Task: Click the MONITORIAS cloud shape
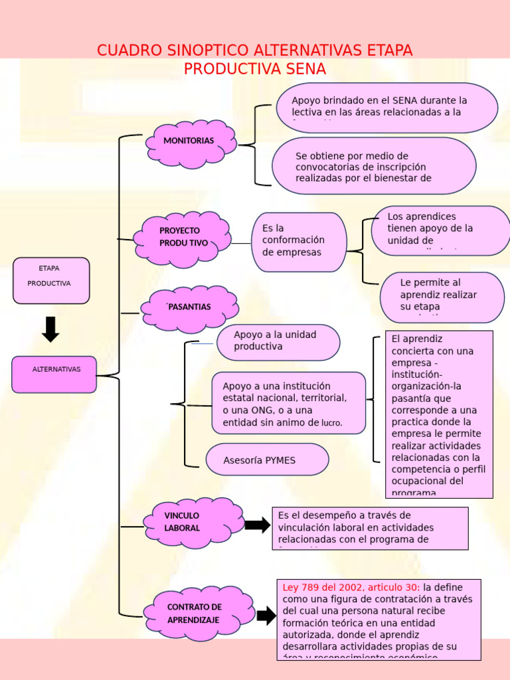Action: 191,141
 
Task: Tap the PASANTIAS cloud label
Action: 189,307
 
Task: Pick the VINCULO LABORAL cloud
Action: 194,522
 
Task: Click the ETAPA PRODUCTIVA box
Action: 50,280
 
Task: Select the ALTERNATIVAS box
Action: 54,375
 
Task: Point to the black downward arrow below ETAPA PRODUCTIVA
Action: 50,329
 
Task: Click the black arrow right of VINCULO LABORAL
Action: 257,525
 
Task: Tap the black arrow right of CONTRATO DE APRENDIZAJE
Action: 266,616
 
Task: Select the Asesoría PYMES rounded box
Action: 267,460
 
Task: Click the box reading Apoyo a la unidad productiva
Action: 278,341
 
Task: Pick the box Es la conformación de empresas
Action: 298,241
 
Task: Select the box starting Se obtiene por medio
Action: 374,166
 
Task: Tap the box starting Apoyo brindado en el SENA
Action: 386,106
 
